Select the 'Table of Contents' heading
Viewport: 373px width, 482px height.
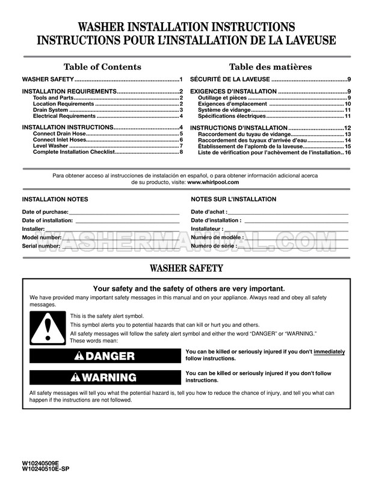(x=102, y=67)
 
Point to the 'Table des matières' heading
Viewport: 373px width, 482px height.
(x=270, y=67)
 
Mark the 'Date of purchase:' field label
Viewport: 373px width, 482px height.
(x=45, y=212)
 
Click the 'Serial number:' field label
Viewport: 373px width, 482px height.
(x=41, y=246)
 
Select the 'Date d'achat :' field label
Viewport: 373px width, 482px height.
(x=209, y=212)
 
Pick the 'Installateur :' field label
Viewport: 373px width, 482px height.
(x=208, y=229)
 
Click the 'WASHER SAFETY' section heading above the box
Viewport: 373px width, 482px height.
(x=186, y=269)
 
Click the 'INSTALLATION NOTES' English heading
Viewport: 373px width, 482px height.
(x=55, y=199)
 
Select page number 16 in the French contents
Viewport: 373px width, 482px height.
(x=348, y=152)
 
